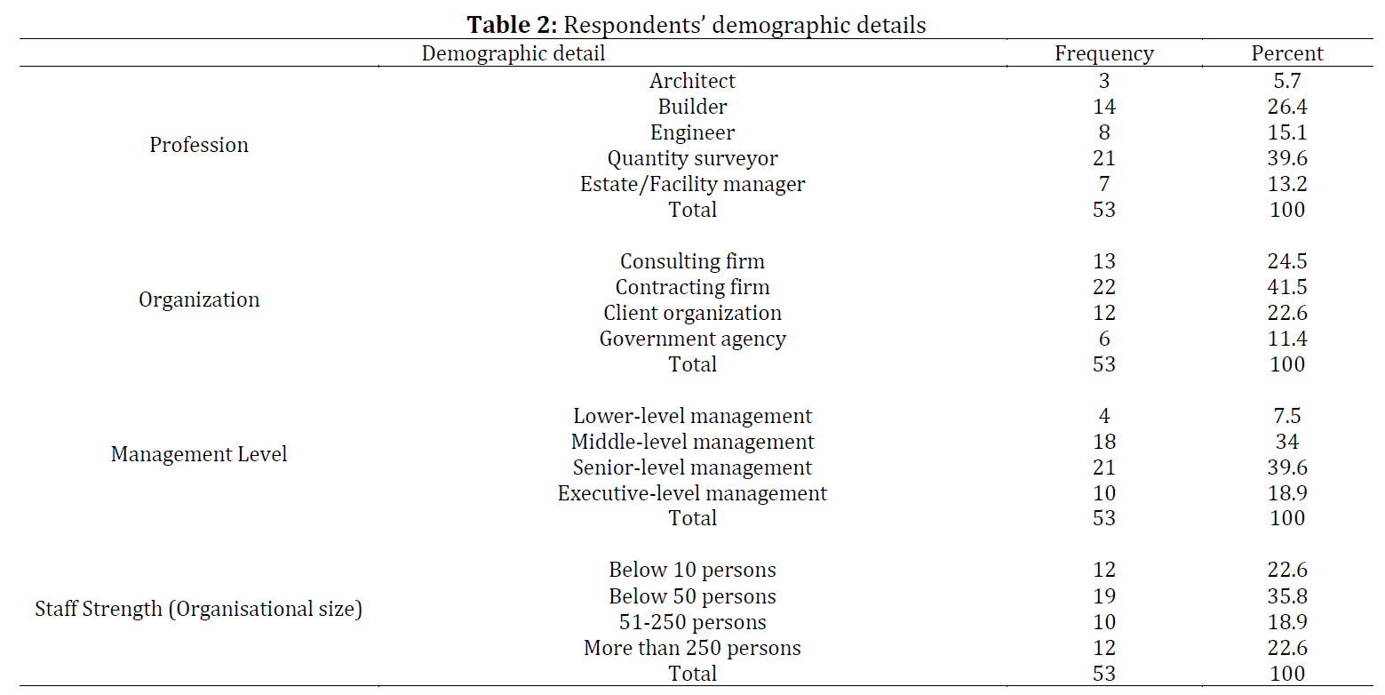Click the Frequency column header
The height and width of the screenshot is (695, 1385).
(x=1103, y=54)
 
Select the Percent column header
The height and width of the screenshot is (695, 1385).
(x=1287, y=53)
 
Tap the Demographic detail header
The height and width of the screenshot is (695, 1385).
(x=513, y=54)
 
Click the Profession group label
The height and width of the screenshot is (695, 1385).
(x=198, y=145)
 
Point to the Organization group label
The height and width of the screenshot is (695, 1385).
(x=198, y=300)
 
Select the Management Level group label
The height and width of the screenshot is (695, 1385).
(x=198, y=454)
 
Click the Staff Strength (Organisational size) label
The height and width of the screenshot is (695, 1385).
(x=198, y=609)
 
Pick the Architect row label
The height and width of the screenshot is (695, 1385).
(x=693, y=80)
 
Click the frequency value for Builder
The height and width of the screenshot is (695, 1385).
(x=1104, y=107)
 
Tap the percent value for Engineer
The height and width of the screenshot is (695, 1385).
(x=1287, y=132)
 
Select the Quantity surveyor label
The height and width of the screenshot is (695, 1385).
(x=693, y=159)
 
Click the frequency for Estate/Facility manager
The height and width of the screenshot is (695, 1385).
(x=1104, y=184)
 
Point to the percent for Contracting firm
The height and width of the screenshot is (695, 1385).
(x=1287, y=287)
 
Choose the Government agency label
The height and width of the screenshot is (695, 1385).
(x=693, y=340)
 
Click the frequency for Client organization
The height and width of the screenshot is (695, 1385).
(x=1104, y=313)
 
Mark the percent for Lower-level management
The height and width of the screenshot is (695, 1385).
(x=1287, y=416)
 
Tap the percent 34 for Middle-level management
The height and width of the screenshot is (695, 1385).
(x=1287, y=442)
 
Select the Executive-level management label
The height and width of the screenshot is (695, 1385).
(x=693, y=493)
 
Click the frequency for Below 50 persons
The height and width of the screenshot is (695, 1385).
(x=1104, y=596)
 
